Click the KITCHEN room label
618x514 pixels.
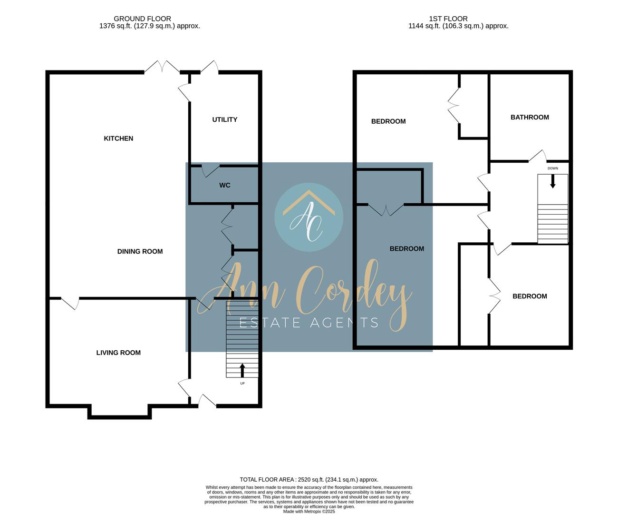click(x=118, y=138)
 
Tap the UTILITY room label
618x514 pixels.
click(x=225, y=119)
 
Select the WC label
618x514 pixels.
click(x=225, y=185)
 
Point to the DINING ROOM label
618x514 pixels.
click(x=140, y=251)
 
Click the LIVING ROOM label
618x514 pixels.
click(x=118, y=353)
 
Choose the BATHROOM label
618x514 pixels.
click(x=530, y=118)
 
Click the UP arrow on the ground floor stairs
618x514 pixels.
click(x=242, y=370)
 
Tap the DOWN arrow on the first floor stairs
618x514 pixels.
click(x=552, y=181)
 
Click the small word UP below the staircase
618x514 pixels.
click(x=242, y=383)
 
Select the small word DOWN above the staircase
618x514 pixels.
click(x=552, y=168)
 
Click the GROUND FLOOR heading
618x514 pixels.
click(x=142, y=19)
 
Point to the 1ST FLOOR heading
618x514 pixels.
click(x=448, y=19)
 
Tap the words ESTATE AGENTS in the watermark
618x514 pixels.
click(x=309, y=323)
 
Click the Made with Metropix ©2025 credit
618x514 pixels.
click(x=309, y=511)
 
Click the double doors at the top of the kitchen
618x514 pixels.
click(x=162, y=67)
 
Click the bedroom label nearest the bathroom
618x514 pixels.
click(x=388, y=121)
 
